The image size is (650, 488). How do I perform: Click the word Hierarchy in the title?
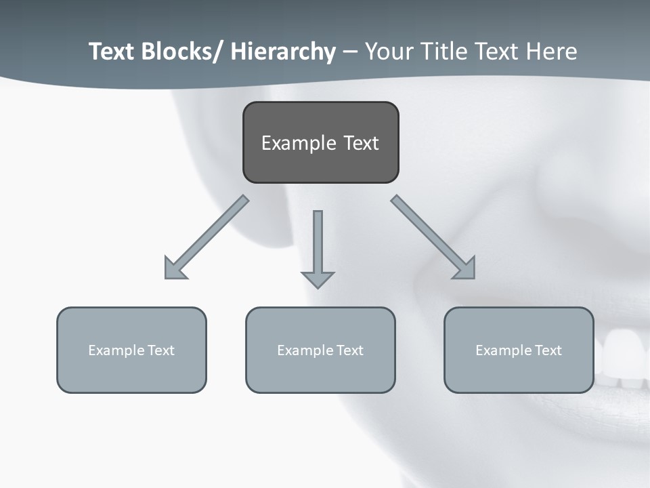pyautogui.click(x=283, y=52)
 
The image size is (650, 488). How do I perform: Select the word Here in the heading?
pyautogui.click(x=553, y=52)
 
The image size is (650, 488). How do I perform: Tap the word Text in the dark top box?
pyautogui.click(x=361, y=143)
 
